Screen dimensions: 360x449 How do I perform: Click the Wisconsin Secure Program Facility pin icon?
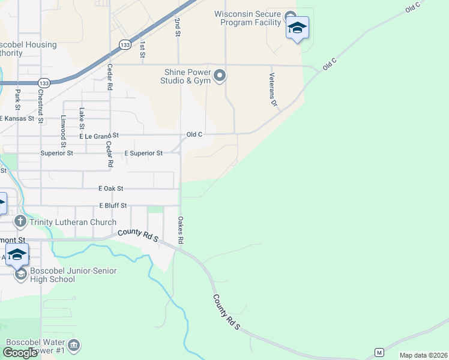pyautogui.click(x=291, y=16)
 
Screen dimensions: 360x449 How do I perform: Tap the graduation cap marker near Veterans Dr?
pyautogui.click(x=297, y=28)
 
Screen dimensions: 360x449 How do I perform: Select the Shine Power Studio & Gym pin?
pyautogui.click(x=220, y=76)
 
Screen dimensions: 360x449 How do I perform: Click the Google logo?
pyautogui.click(x=20, y=353)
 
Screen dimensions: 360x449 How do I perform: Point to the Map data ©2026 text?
pyautogui.click(x=423, y=355)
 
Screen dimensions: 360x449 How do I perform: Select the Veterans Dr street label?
pyautogui.click(x=272, y=89)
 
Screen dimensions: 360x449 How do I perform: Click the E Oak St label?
pyautogui.click(x=111, y=188)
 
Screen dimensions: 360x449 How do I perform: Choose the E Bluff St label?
pyautogui.click(x=113, y=206)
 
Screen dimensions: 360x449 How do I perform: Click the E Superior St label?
pyautogui.click(x=143, y=154)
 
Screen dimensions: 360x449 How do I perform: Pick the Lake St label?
pyautogui.click(x=82, y=118)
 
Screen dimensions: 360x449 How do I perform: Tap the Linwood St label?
pyautogui.click(x=62, y=131)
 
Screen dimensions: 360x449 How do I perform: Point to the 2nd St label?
pyautogui.click(x=178, y=27)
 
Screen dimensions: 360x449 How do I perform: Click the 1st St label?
pyautogui.click(x=142, y=50)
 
